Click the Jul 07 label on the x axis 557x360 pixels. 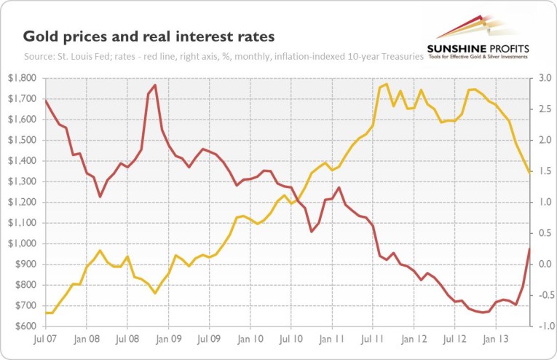click(x=45, y=339)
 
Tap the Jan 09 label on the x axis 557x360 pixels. click(x=169, y=339)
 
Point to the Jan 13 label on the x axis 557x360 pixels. click(x=498, y=339)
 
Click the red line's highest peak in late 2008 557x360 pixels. click(x=155, y=85)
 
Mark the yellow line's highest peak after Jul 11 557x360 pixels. click(x=387, y=84)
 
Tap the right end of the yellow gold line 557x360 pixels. click(x=529, y=173)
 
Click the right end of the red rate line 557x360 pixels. click(x=529, y=249)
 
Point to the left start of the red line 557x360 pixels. click(x=45, y=100)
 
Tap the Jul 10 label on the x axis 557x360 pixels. click(x=292, y=339)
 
